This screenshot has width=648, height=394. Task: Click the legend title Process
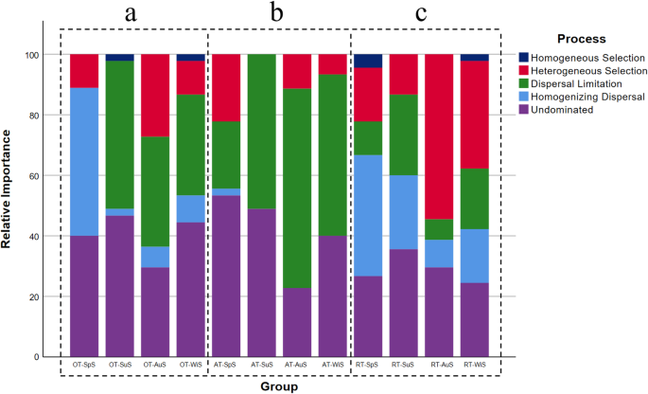coord(581,39)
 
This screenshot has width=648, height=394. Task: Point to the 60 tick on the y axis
coord(40,175)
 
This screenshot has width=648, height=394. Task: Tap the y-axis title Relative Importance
coord(9,205)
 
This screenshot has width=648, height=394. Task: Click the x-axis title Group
coord(279,385)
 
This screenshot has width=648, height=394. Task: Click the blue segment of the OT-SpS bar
coord(84,161)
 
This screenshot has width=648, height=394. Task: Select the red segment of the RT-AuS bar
coord(440,136)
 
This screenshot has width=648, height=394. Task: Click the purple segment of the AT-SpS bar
coord(226,276)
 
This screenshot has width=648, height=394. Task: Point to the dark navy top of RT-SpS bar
coord(369,61)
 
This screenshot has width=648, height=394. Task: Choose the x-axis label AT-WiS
coord(332,364)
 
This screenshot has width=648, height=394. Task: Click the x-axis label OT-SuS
coord(119,364)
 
